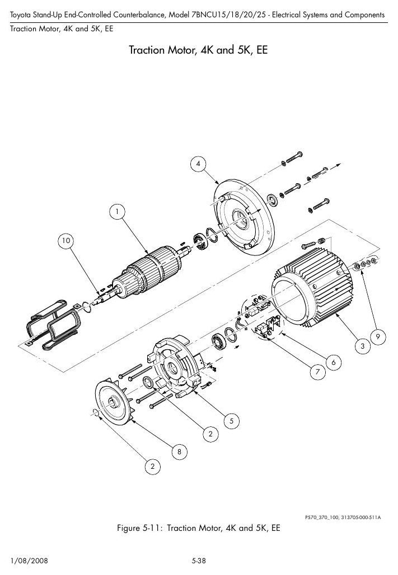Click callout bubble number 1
click(117, 212)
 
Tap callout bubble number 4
click(199, 164)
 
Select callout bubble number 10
click(66, 240)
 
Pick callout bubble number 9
click(378, 336)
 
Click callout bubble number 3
click(363, 346)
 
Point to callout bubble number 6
click(333, 363)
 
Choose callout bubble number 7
click(318, 372)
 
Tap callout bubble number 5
click(232, 421)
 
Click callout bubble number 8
click(179, 452)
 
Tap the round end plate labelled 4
click(245, 216)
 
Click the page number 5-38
click(199, 560)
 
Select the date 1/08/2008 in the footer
click(30, 560)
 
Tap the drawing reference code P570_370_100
click(320, 517)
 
